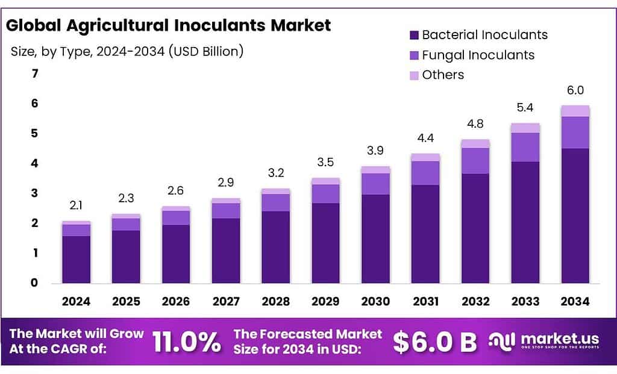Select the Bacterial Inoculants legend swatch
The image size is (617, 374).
(x=414, y=35)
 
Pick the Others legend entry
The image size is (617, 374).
(x=443, y=75)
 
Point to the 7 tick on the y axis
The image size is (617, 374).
(x=35, y=74)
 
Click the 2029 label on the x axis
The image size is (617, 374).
(x=325, y=301)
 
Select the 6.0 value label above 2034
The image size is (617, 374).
(x=575, y=90)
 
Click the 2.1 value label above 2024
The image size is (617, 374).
(x=76, y=206)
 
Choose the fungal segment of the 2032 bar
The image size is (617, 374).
(x=475, y=161)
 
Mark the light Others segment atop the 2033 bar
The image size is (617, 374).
(x=525, y=128)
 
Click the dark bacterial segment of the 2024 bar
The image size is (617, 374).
(x=76, y=259)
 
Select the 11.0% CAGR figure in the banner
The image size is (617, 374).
(x=186, y=342)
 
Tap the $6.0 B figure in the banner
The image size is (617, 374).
(x=434, y=342)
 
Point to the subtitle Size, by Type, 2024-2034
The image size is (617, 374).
(x=127, y=51)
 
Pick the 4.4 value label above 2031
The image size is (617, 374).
(x=425, y=138)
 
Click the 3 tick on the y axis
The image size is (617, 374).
(x=35, y=193)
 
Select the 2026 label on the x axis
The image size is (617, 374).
(x=176, y=301)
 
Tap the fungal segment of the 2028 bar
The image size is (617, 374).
(x=275, y=202)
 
